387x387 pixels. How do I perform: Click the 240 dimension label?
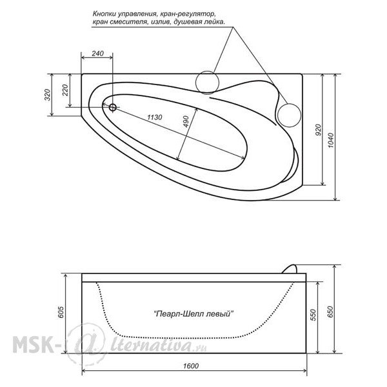tap(98, 54)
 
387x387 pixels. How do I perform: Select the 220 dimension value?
tap(64, 90)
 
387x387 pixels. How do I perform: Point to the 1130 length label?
tap(155, 117)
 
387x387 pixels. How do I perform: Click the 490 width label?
tap(186, 122)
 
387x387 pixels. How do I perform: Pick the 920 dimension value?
tap(318, 130)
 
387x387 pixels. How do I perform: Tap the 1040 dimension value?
tap(331, 140)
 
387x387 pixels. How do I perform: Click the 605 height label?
tap(61, 312)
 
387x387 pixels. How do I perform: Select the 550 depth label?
tap(313, 315)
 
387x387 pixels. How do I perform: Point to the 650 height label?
tap(330, 312)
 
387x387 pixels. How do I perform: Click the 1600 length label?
tap(191, 366)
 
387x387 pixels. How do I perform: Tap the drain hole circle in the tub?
tap(112, 107)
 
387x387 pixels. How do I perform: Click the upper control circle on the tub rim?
tap(207, 83)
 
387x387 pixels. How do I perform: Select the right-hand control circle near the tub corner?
tap(290, 115)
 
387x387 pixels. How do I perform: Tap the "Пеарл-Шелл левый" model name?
tap(193, 314)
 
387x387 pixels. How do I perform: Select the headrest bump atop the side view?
tap(289, 269)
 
